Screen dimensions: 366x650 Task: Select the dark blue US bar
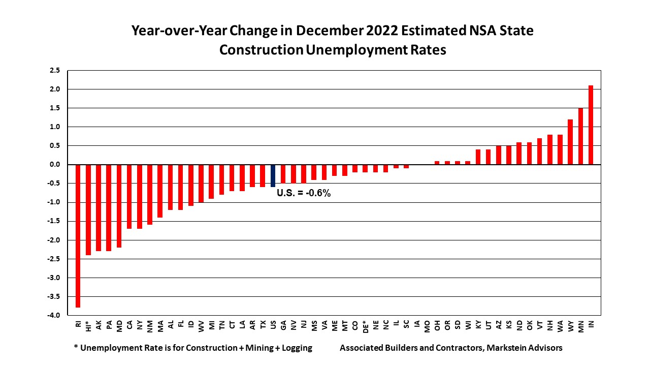(273, 176)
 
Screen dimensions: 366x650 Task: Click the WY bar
(570, 142)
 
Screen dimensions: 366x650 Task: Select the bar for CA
(129, 196)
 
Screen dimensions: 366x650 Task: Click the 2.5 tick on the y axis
(55, 70)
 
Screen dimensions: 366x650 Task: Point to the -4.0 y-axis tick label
(54, 315)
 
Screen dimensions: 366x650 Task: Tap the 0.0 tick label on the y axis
(55, 165)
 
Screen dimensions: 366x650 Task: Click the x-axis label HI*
(88, 325)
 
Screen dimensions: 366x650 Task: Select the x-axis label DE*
(365, 326)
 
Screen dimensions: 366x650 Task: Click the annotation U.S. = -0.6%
(304, 193)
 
